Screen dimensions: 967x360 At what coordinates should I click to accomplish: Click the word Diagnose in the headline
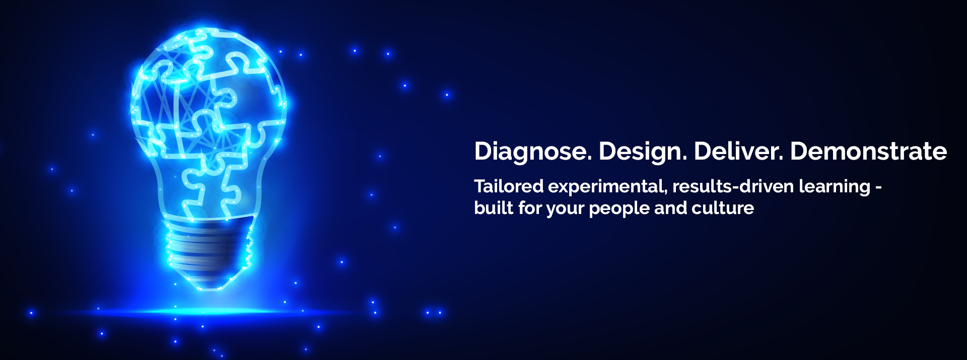click(533, 152)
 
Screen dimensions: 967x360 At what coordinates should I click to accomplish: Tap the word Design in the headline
click(643, 152)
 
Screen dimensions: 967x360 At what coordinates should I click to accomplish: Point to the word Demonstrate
click(869, 151)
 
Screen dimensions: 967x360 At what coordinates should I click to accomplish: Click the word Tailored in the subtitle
click(509, 186)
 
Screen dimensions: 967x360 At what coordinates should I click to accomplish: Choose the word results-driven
click(733, 186)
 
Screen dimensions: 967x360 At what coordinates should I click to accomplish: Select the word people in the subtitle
click(619, 209)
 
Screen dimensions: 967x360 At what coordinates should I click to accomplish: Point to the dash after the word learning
click(878, 188)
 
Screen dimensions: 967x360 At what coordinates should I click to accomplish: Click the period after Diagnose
click(589, 159)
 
